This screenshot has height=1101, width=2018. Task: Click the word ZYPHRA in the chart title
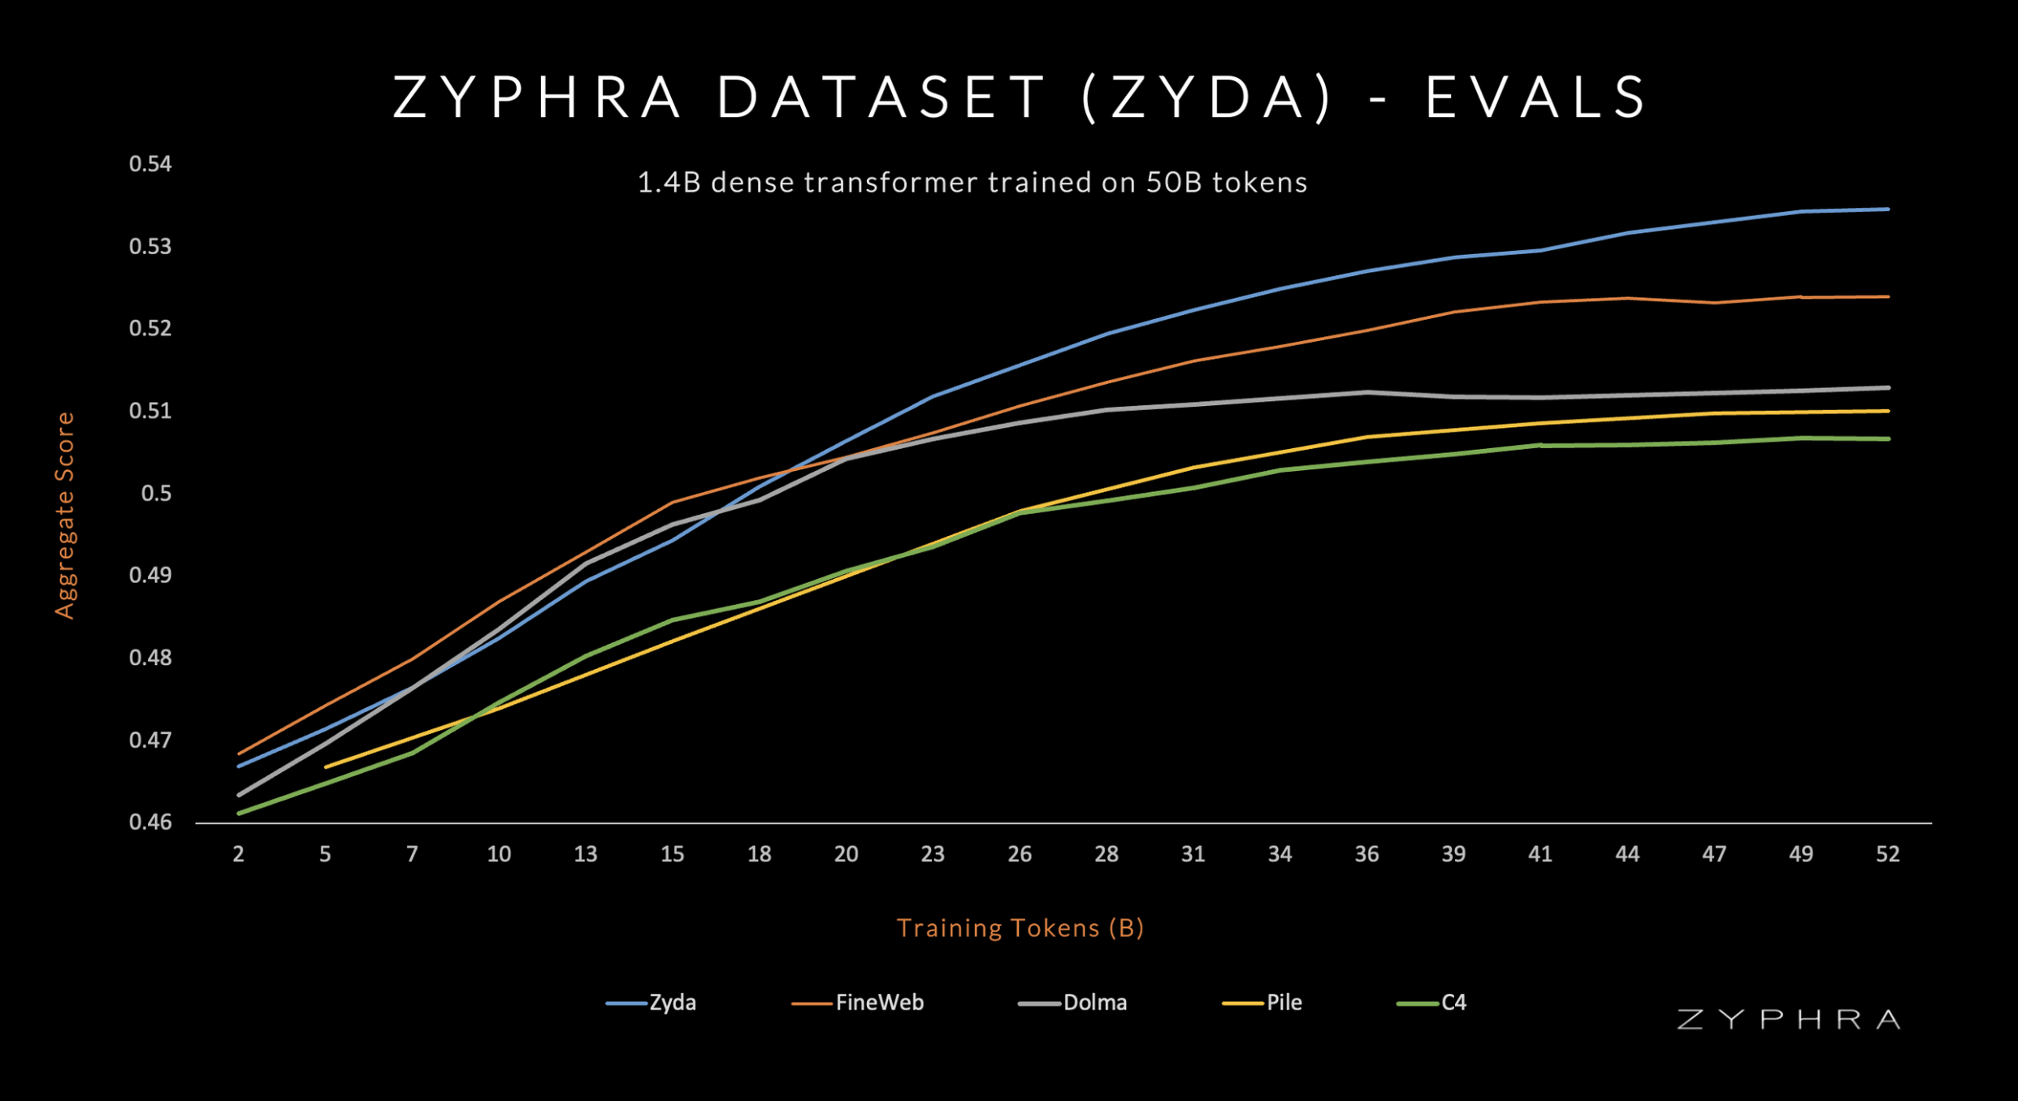click(x=537, y=97)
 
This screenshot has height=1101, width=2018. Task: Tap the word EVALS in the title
click(x=1536, y=97)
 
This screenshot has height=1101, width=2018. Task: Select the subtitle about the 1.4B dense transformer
click(x=972, y=183)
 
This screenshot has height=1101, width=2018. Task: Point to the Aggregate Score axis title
click(x=65, y=516)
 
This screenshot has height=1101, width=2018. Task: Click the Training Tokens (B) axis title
click(x=1020, y=928)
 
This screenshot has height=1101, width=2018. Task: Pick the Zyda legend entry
click(x=652, y=1003)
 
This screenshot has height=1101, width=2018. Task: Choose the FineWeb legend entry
click(x=858, y=1003)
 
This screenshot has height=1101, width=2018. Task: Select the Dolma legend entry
click(x=1072, y=1003)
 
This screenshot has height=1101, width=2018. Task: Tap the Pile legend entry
click(x=1262, y=1003)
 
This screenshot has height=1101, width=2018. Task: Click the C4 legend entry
click(x=1432, y=1003)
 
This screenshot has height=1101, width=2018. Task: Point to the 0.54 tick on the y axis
click(x=150, y=164)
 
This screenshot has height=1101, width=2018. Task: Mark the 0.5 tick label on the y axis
click(x=156, y=493)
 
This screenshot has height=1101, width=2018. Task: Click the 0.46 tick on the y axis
click(x=150, y=823)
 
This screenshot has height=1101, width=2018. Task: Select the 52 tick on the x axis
click(x=1887, y=854)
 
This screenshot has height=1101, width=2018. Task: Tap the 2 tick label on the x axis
click(x=238, y=854)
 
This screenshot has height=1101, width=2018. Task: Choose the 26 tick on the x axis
click(x=1020, y=854)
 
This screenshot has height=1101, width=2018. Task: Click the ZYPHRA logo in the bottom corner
click(x=1788, y=1020)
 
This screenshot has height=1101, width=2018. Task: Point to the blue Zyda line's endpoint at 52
click(x=1887, y=209)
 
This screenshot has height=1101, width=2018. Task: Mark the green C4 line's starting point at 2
click(x=239, y=813)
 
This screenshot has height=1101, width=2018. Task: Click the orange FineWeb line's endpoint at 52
click(x=1887, y=297)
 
